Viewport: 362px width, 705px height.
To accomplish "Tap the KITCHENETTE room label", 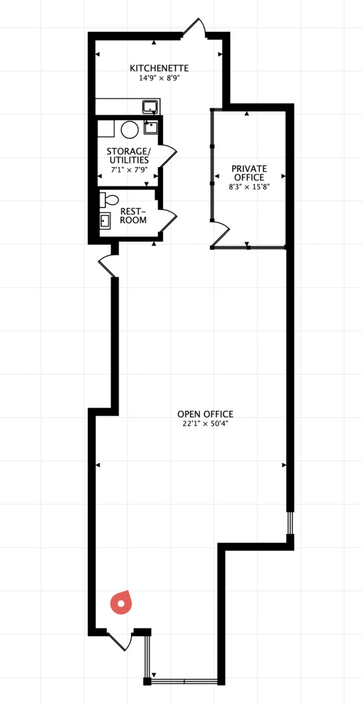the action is click(159, 69).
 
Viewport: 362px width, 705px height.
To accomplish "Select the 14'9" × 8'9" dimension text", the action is click(159, 77).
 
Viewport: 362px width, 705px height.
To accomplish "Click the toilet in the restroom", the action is click(109, 198).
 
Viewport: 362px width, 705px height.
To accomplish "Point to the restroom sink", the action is click(106, 221).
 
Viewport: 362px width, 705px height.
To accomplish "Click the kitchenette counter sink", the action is click(149, 106).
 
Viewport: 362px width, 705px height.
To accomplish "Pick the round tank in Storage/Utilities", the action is click(130, 129).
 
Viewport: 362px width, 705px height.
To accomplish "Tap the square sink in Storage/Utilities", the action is click(151, 128).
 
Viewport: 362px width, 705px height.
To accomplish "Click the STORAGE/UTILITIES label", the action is click(128, 155).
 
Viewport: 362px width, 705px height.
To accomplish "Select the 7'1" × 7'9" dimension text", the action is click(130, 170).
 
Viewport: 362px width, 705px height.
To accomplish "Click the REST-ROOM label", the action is click(134, 216).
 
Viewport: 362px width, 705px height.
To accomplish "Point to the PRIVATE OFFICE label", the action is click(249, 172).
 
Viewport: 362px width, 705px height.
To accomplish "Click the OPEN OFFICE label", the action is click(205, 414).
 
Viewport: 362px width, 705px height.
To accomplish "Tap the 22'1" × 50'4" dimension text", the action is click(205, 423).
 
